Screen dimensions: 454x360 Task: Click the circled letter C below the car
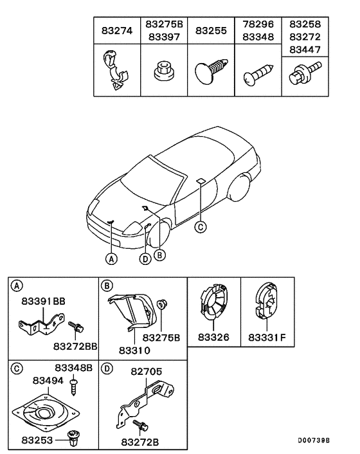pos(201,226)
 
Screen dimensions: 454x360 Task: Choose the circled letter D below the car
pos(145,259)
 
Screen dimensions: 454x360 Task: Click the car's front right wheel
pos(157,234)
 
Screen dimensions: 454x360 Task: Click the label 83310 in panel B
pos(134,350)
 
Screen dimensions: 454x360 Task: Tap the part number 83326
pos(214,336)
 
